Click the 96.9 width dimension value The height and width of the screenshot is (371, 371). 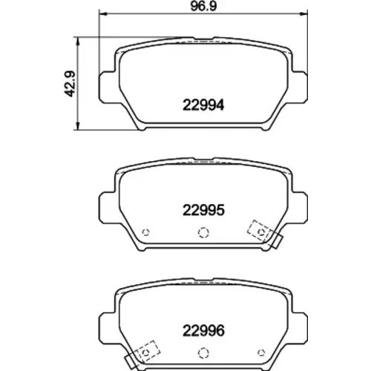tap(203, 6)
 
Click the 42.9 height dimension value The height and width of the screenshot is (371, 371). tap(70, 84)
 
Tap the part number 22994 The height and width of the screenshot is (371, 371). tap(203, 105)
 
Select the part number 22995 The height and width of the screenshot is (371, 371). tap(203, 210)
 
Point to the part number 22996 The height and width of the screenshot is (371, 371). tap(203, 331)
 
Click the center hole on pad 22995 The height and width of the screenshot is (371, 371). tap(203, 232)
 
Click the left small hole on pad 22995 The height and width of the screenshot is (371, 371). tap(145, 232)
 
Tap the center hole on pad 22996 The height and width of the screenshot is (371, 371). tap(203, 352)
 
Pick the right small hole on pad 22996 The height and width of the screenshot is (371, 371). tap(261, 352)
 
